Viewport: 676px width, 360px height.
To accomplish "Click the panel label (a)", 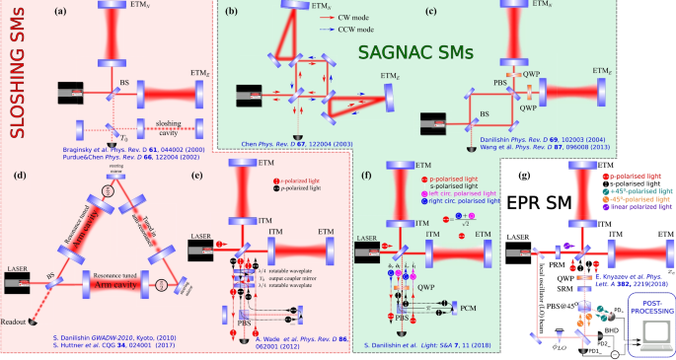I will [64, 12].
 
